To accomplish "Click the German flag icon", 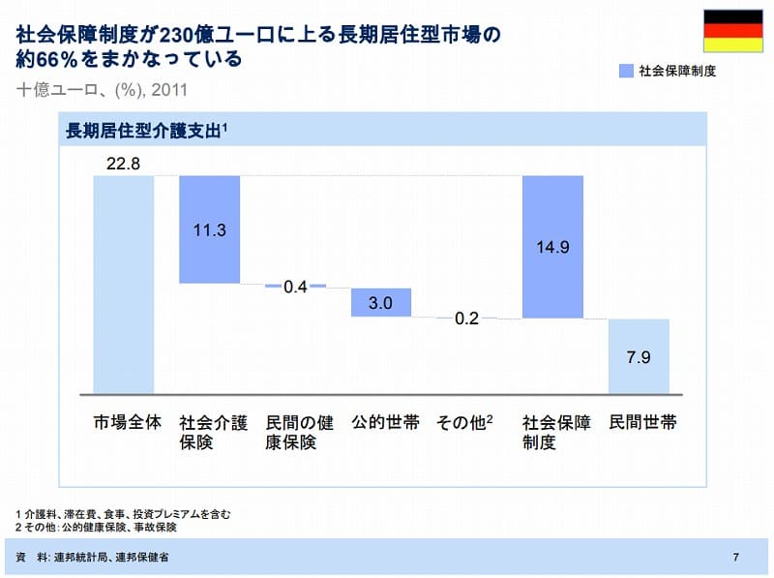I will point(732,31).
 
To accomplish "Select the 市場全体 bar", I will point(124,285).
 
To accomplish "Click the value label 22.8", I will point(124,164).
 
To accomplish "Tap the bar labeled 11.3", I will point(209,229).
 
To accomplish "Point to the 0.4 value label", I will point(295,287).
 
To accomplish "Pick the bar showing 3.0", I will point(381,302).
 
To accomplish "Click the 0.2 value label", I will point(466,319).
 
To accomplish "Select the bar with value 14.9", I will point(552,247).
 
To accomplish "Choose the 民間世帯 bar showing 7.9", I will point(639,356).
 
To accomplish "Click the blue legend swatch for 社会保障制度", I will point(625,71).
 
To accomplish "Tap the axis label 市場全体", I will point(124,423).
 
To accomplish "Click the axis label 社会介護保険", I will point(209,433).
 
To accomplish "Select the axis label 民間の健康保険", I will point(295,433).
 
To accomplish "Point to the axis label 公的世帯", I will point(381,423).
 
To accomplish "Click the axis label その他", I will point(464,423).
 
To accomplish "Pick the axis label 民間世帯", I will point(639,423).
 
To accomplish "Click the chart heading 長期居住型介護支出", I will point(145,129).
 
